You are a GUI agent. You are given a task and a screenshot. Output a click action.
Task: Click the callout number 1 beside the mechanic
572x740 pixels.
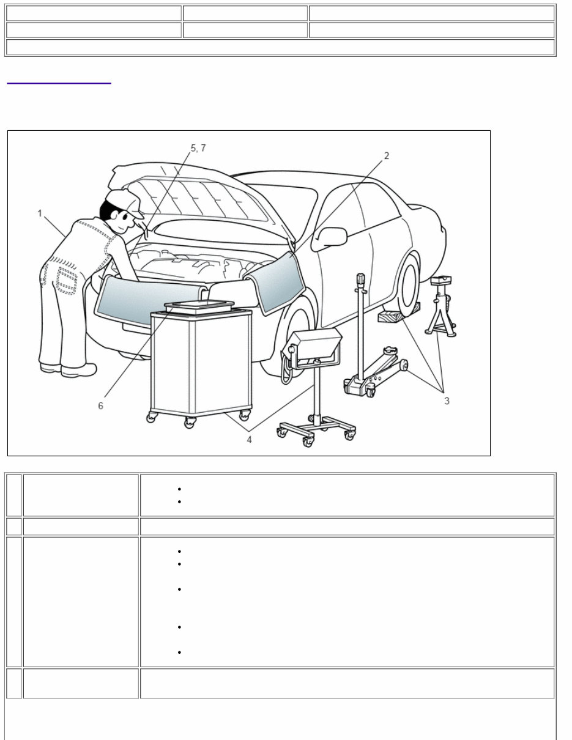(x=40, y=213)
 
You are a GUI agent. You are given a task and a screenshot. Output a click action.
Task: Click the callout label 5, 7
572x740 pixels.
(x=198, y=148)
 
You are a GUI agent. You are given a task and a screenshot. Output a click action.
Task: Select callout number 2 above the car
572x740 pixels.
(x=386, y=156)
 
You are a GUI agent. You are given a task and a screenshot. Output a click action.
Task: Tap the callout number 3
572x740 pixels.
(x=447, y=401)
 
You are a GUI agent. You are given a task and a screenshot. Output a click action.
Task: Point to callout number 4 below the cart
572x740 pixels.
(x=249, y=440)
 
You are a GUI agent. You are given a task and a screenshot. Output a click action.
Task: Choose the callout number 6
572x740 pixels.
(x=101, y=406)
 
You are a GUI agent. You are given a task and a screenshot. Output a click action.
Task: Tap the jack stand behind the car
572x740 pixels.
(x=441, y=306)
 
